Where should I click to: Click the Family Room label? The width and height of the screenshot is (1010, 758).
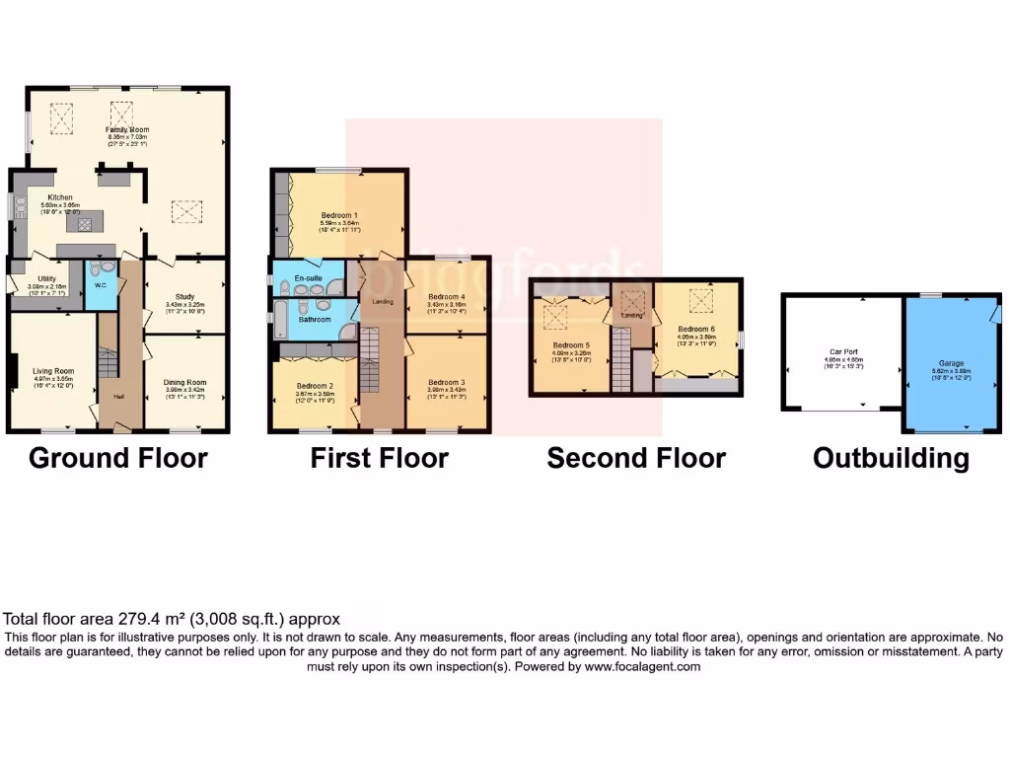click(127, 129)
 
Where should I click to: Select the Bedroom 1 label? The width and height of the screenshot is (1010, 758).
click(339, 214)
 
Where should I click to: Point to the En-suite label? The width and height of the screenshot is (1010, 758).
click(309, 279)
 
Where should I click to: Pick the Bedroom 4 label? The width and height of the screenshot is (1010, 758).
click(447, 296)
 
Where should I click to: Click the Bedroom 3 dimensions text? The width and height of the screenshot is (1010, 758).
click(447, 397)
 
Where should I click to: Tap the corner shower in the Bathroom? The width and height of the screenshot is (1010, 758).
click(348, 330)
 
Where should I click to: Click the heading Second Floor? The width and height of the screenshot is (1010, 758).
click(636, 459)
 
